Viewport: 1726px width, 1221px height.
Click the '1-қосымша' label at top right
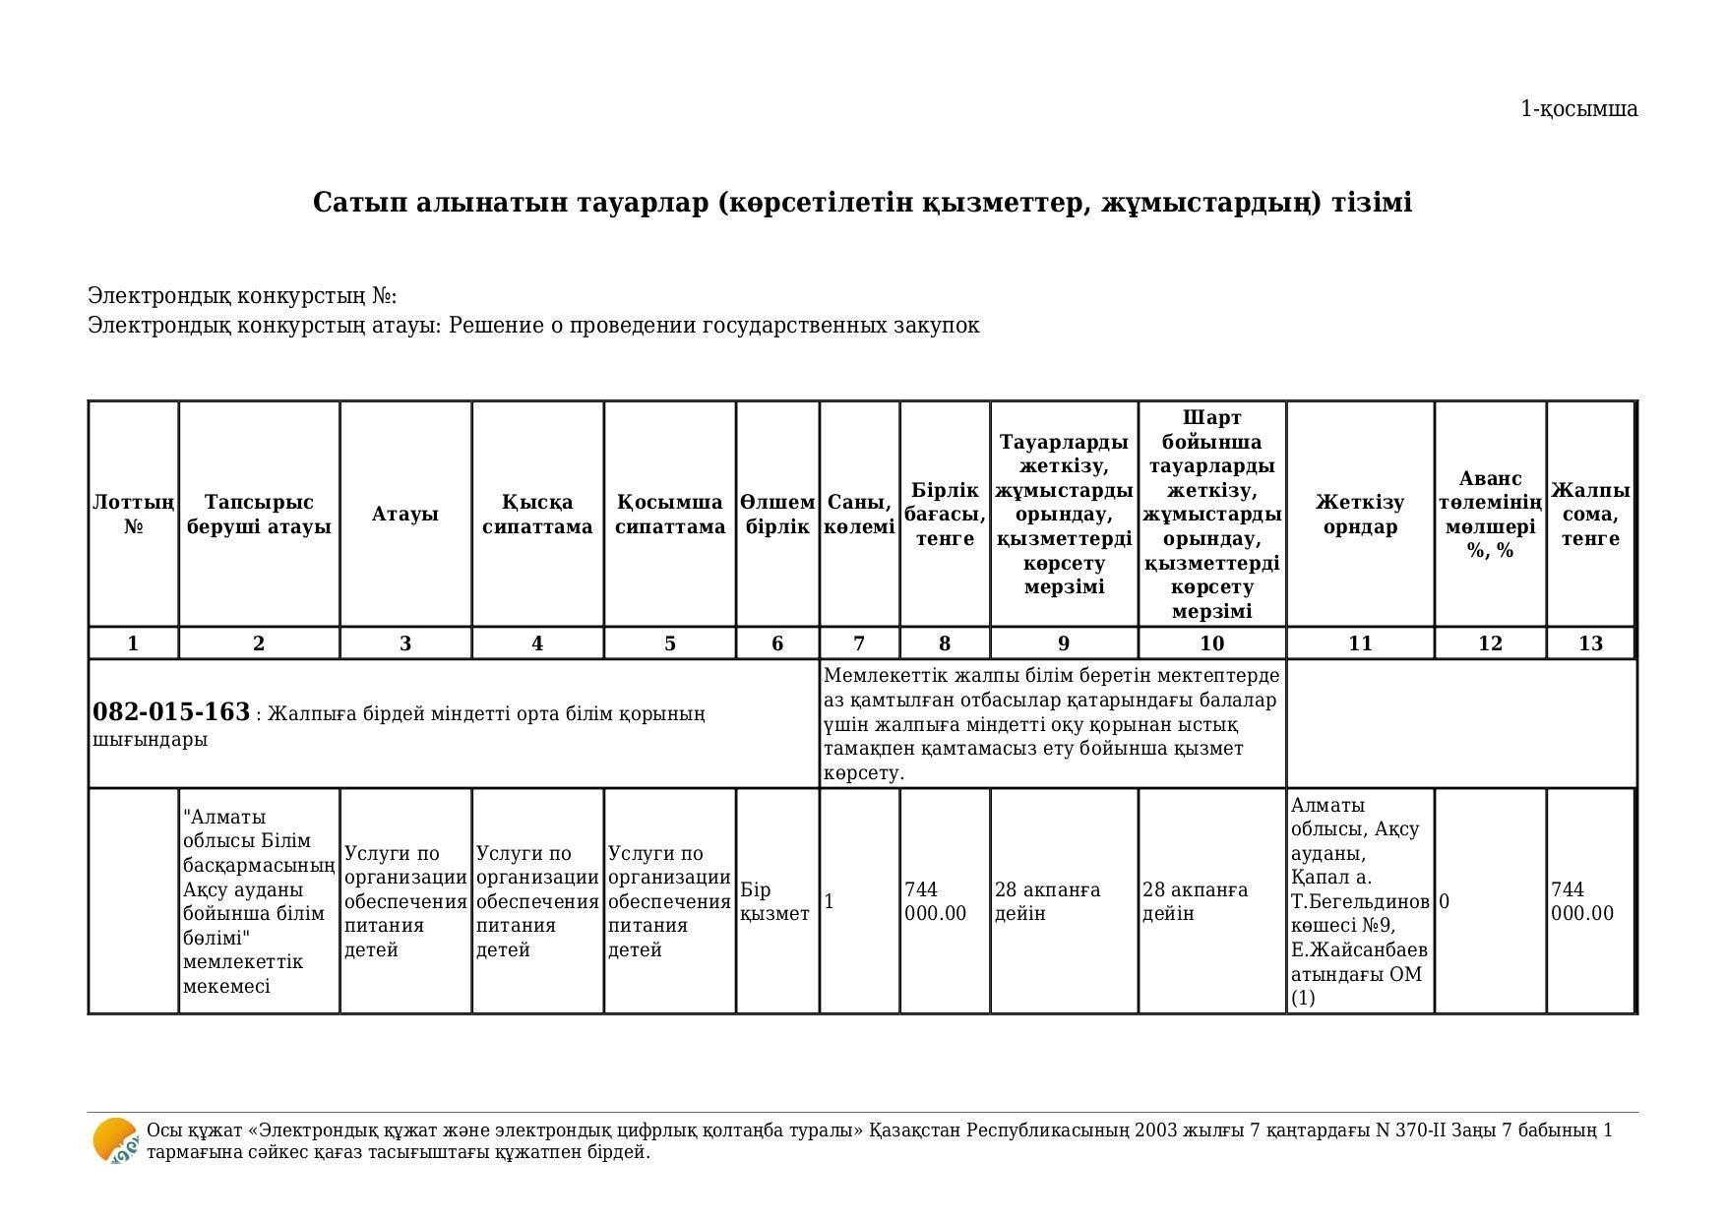pos(1578,109)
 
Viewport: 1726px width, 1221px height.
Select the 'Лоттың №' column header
pos(134,515)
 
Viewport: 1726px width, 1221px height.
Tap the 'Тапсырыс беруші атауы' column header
pos(259,515)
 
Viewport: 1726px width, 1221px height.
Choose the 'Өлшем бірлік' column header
pos(777,515)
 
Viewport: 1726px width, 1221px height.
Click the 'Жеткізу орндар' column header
pos(1360,515)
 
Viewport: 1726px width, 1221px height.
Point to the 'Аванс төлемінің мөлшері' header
pos(1490,515)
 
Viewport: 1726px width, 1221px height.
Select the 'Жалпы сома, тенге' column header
pos(1590,515)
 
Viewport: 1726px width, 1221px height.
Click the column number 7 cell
pos(859,643)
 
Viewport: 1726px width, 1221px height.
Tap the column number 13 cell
pos(1590,643)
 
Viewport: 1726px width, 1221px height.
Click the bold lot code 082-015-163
pos(171,712)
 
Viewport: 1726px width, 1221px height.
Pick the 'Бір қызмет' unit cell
pos(774,901)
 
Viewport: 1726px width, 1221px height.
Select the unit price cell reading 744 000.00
pos(936,901)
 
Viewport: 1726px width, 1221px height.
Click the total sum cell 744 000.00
pos(1582,901)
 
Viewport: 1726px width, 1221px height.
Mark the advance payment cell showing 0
pos(1445,901)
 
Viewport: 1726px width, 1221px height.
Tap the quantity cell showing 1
pos(830,901)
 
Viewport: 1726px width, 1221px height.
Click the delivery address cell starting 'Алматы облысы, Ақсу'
pos(1359,901)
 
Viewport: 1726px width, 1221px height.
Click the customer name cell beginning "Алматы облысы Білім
pos(259,901)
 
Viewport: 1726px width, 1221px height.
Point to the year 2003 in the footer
pos(1156,1130)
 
